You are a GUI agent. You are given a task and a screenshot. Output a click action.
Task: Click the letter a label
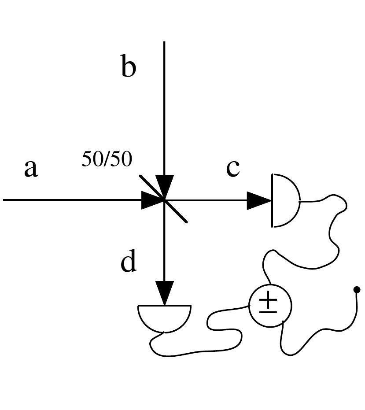tap(30, 169)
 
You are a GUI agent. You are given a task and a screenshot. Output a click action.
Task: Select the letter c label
tap(233, 168)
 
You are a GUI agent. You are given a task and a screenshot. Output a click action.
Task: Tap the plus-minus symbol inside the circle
tap(268, 304)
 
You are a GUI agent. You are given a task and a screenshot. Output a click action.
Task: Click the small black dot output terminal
tap(357, 289)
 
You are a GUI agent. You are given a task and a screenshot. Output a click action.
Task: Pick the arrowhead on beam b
tap(164, 185)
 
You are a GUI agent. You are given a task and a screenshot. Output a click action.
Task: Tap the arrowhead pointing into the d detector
tap(164, 292)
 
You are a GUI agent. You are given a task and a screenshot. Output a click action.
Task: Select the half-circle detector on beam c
tap(286, 201)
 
